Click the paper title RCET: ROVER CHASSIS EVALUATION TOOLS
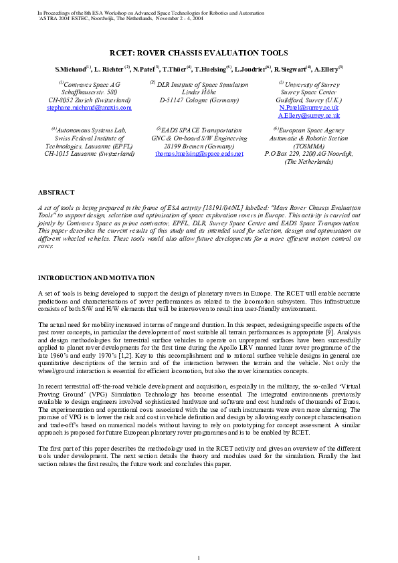point(199,51)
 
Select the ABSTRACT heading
point(56,192)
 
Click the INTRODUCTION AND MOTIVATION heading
point(96,277)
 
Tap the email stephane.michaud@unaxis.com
point(89,107)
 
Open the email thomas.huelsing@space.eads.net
point(199,153)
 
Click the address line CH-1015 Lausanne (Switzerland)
point(89,153)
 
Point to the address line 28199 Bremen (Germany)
point(199,146)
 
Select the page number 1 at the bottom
point(199,539)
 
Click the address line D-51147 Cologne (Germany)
point(199,100)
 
